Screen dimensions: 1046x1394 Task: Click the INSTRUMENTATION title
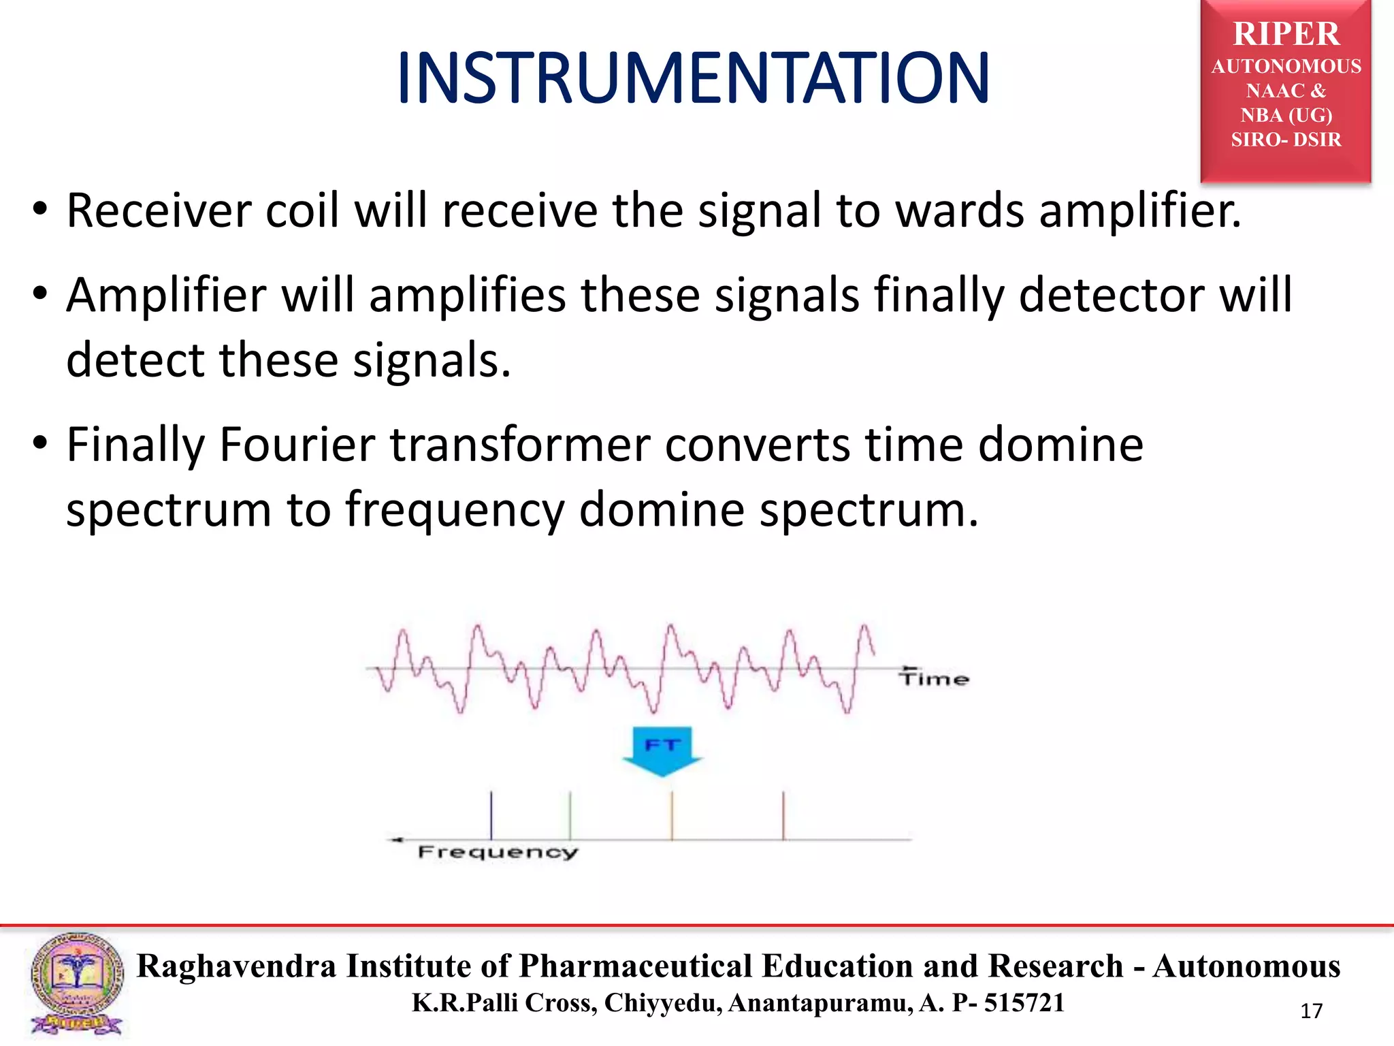click(x=693, y=79)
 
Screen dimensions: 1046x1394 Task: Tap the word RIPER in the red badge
click(x=1286, y=34)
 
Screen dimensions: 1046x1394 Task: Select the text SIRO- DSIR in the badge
click(x=1286, y=140)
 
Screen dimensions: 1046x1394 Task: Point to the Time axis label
click(x=934, y=678)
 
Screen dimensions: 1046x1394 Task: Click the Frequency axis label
click(x=498, y=852)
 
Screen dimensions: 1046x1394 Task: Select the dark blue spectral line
click(x=491, y=815)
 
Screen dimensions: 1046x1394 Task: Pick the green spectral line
click(x=570, y=815)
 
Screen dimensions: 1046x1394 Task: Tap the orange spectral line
click(x=672, y=815)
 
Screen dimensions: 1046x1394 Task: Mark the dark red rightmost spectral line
click(x=783, y=815)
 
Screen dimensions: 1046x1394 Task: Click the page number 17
click(x=1311, y=1011)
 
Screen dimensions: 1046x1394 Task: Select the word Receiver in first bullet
click(x=159, y=210)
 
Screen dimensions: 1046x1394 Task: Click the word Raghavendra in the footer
click(x=236, y=966)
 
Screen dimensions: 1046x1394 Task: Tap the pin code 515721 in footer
click(x=1024, y=1003)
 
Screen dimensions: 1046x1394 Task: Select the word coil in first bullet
click(x=302, y=210)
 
